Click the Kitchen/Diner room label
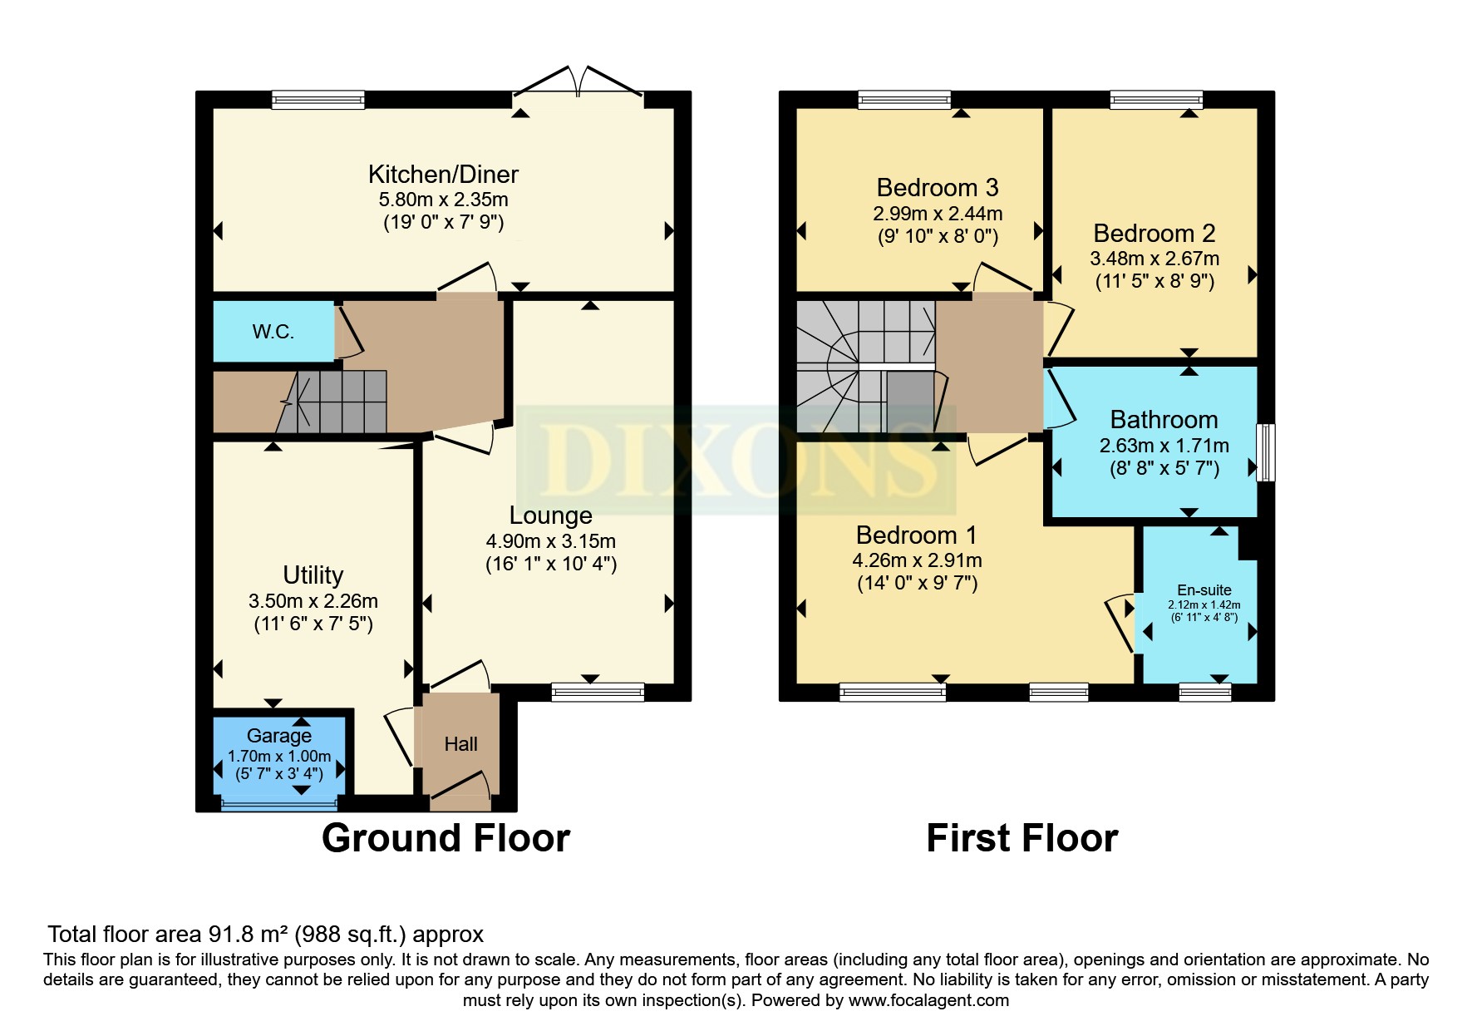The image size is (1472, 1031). coord(443,175)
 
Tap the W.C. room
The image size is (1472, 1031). coord(273,332)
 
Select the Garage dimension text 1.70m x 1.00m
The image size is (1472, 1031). coord(279,757)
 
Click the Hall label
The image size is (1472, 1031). coord(460,744)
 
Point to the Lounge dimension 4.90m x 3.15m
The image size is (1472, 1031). coord(550,541)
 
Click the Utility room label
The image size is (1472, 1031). coord(313,575)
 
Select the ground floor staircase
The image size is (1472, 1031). coord(341,402)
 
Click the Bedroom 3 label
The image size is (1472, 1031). coord(937,188)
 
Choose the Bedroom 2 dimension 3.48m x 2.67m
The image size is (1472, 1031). coord(1154,259)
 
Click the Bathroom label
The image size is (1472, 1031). coord(1164,420)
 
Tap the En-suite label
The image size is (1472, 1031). coord(1204,590)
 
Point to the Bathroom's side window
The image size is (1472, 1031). coord(1265,452)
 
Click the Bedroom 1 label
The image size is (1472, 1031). coord(916,535)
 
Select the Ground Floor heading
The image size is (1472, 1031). coord(446,838)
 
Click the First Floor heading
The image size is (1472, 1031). coord(1022,838)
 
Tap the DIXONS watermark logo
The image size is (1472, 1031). coord(736,460)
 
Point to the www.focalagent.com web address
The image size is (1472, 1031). coord(928,1000)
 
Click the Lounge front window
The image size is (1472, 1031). coord(598,691)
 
